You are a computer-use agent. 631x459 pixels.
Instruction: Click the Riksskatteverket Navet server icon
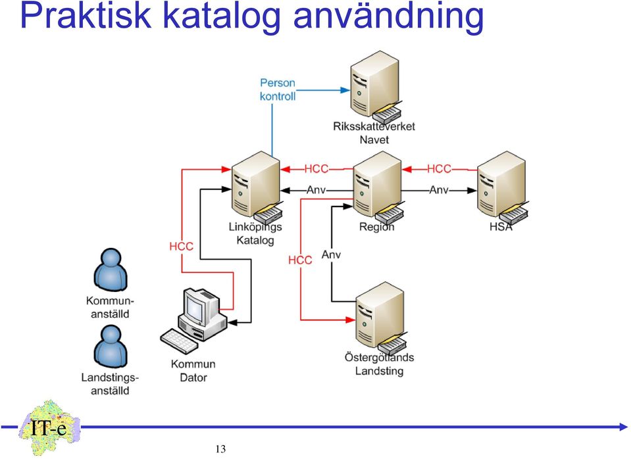point(375,87)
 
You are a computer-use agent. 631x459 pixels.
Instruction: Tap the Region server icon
point(378,187)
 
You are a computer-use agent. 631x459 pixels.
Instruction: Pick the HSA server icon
point(502,187)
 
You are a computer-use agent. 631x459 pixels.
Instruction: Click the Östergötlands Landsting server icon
point(380,318)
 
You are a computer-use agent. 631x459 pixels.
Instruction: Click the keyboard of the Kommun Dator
point(179,341)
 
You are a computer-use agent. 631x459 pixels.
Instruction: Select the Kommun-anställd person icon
point(111,269)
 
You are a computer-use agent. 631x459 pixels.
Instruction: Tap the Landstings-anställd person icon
point(111,347)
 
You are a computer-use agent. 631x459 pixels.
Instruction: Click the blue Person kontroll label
point(278,89)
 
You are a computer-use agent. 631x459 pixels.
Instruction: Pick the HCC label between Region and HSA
point(439,168)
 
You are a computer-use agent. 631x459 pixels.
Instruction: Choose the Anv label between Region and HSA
point(439,189)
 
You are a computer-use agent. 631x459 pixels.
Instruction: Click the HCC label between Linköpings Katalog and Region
point(316,168)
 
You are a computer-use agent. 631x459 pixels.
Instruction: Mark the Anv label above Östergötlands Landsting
point(331,254)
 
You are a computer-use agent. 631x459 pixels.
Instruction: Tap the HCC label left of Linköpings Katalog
point(181,246)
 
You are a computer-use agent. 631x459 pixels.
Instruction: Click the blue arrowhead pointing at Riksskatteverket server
point(345,90)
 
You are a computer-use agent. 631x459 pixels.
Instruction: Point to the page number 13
point(220,449)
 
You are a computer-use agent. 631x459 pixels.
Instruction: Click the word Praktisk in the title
point(86,16)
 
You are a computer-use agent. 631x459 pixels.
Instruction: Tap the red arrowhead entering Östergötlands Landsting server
point(351,320)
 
